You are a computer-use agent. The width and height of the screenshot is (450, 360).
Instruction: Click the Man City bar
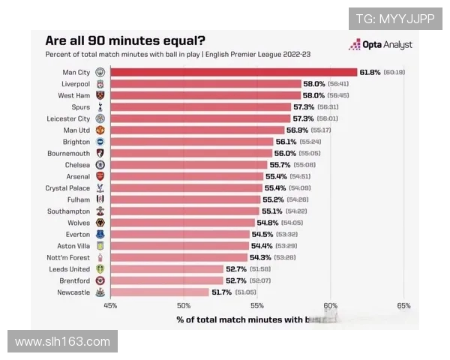pyautogui.click(x=232, y=72)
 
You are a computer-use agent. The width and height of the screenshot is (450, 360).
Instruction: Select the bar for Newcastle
pyautogui.click(x=160, y=292)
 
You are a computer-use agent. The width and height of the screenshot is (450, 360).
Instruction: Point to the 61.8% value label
pyautogui.click(x=370, y=72)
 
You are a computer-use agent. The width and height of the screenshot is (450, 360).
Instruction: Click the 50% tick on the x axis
pyautogui.click(x=184, y=306)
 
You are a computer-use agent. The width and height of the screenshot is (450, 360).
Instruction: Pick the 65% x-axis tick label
pyautogui.click(x=403, y=306)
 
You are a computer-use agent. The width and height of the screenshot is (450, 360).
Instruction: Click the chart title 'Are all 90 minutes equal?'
pyautogui.click(x=126, y=40)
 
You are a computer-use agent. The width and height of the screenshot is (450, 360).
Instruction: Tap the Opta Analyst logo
pyautogui.click(x=381, y=45)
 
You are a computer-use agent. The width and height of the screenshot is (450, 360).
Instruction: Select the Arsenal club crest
pyautogui.click(x=100, y=176)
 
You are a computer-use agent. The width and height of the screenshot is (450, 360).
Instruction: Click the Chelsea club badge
pyautogui.click(x=100, y=164)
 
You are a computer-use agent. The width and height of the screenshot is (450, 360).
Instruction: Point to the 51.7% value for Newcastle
pyautogui.click(x=222, y=292)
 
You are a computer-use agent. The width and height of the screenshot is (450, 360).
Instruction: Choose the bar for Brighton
pyautogui.click(x=192, y=142)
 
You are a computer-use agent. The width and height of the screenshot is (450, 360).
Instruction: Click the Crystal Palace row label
pyautogui.click(x=67, y=188)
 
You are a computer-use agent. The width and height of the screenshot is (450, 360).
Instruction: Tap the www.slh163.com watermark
pyautogui.click(x=62, y=342)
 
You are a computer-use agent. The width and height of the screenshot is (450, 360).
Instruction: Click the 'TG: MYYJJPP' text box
pyautogui.click(x=394, y=19)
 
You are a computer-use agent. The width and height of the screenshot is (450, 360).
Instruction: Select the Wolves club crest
pyautogui.click(x=100, y=223)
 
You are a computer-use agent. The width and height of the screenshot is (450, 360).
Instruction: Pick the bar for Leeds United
pyautogui.click(x=167, y=268)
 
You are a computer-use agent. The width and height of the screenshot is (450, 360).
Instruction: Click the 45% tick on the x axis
pyautogui.click(x=110, y=306)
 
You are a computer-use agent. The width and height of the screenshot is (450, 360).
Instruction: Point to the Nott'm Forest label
pyautogui.click(x=69, y=257)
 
